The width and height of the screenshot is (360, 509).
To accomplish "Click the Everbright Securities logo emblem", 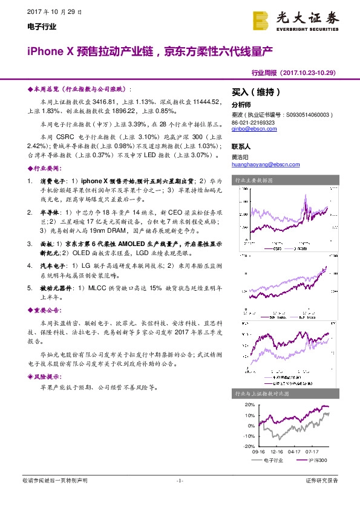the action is [261, 21].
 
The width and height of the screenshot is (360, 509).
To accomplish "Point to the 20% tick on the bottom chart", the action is [249, 404].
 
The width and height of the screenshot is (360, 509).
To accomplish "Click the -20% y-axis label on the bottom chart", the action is [249, 446].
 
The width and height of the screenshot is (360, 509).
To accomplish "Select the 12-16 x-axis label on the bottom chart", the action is [277, 452].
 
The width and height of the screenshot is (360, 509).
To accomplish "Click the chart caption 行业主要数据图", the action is [254, 180].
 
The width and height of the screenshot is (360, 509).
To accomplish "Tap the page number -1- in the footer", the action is [180, 481].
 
